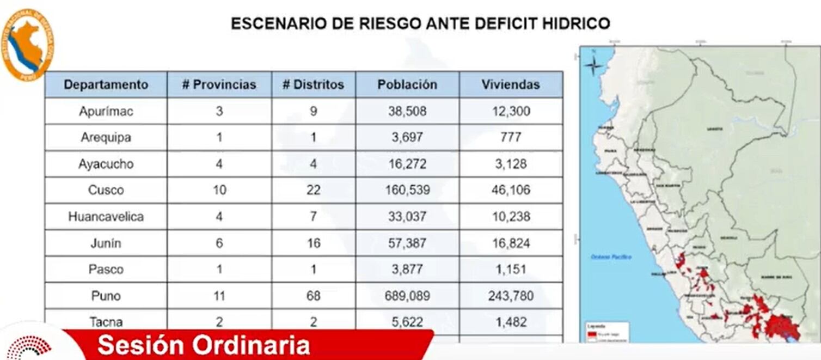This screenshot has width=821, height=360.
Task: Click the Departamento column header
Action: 106,84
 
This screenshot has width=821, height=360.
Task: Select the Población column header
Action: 407,84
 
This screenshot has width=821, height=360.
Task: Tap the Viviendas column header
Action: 511,84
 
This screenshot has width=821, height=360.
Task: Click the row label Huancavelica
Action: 106,217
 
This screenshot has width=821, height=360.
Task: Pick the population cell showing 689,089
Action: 407,296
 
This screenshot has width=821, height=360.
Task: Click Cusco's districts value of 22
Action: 313,190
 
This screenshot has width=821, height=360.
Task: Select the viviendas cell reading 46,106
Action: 511,190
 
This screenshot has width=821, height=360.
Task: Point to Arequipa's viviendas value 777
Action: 511,137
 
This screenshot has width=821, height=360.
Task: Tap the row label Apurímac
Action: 106,111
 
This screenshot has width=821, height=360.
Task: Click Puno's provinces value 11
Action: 219,296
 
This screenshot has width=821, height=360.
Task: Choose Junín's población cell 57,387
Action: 407,243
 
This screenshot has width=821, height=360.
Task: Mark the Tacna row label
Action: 106,322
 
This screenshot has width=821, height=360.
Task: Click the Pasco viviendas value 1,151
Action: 511,270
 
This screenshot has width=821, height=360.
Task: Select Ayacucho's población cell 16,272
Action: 407,164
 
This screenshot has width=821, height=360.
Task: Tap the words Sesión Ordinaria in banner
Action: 204,345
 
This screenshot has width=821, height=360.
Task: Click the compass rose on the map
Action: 593,66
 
